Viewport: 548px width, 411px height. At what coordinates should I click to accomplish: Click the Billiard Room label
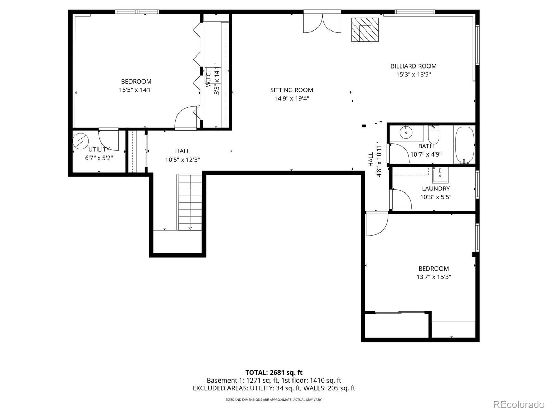pos(413,66)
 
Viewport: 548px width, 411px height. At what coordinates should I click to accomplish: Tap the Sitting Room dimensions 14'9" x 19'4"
pos(291,99)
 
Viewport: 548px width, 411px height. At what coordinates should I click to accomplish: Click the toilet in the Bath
pos(434,135)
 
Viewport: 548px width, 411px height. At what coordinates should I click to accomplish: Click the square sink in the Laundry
pos(440,175)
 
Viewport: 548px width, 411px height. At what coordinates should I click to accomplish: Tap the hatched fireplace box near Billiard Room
pos(365,30)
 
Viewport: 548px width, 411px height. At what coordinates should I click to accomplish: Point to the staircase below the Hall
pos(190,202)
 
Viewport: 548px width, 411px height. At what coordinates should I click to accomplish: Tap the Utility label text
pos(99,149)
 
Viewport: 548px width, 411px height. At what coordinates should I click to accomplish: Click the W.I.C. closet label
pos(209,78)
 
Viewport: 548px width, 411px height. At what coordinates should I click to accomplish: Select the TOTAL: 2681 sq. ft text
pos(274,372)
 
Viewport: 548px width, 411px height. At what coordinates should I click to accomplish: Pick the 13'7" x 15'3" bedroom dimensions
pos(434,277)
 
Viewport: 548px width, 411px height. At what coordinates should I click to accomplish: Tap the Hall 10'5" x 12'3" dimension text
pos(183,160)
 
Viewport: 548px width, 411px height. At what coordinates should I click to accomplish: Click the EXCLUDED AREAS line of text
pos(274,388)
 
